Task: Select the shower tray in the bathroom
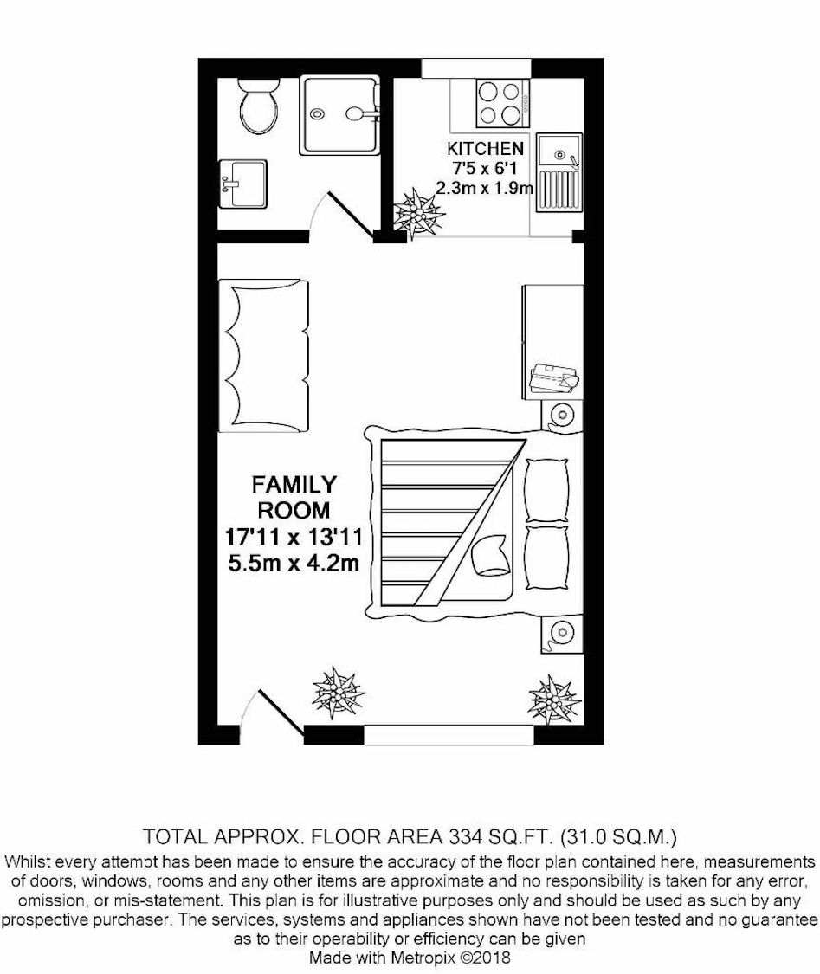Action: click(x=339, y=115)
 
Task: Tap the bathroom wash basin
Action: click(x=243, y=184)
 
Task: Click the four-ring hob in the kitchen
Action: click(x=502, y=103)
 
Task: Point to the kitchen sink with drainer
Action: click(x=560, y=172)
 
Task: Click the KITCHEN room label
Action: click(x=485, y=148)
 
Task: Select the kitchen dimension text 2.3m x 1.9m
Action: click(x=485, y=187)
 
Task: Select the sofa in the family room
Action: click(x=263, y=356)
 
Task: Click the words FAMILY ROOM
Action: click(x=294, y=497)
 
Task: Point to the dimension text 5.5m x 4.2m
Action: click(x=294, y=564)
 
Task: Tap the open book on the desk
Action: click(x=553, y=377)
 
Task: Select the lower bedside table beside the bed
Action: click(x=562, y=633)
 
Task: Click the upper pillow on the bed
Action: click(x=546, y=491)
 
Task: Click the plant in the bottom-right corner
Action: click(x=554, y=700)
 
